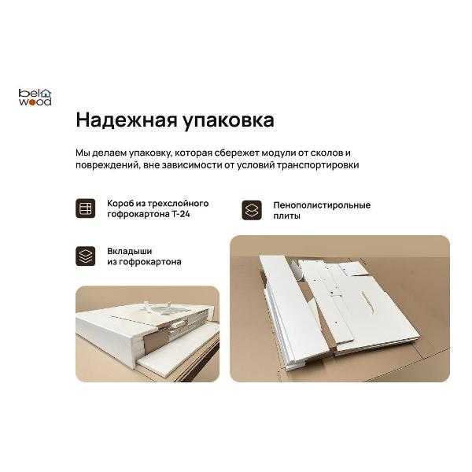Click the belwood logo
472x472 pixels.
tap(35, 97)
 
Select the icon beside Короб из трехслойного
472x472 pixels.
tap(85, 209)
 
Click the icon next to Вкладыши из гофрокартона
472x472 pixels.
tap(85, 256)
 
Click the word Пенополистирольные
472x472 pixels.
tap(322, 205)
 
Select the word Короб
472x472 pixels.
tap(120, 204)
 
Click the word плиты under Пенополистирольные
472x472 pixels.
tap(286, 216)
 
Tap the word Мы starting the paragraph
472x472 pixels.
tap(83, 152)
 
